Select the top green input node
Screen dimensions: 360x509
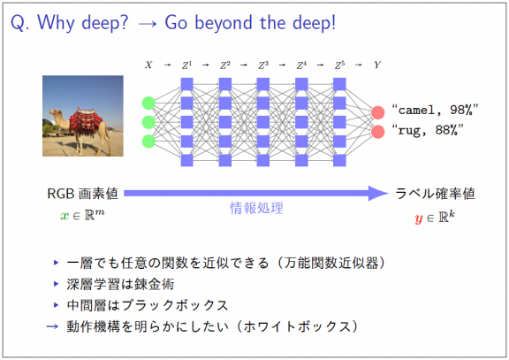[148, 103]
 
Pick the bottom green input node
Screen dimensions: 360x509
[148, 141]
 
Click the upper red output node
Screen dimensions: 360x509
[377, 112]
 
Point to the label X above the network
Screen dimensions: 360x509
[148, 65]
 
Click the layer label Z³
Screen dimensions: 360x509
[262, 65]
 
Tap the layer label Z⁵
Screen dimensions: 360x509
[339, 65]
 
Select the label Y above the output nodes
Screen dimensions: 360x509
[377, 65]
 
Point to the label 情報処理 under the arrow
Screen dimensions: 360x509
[256, 209]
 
